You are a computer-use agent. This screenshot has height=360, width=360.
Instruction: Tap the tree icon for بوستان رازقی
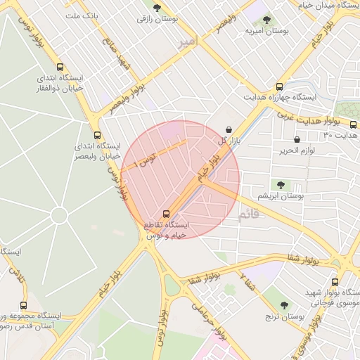pos(157,8)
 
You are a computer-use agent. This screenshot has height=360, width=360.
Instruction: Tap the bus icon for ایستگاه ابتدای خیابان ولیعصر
pos(97,135)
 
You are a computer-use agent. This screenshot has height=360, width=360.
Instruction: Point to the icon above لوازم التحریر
pos(297,139)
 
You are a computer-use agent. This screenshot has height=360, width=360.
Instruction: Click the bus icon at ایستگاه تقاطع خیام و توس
pos(167,213)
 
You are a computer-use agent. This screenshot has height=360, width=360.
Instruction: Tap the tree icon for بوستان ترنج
pos(284,305)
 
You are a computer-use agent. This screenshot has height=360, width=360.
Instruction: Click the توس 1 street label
pos(146,160)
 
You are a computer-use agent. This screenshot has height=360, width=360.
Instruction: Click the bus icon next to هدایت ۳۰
pos(353,124)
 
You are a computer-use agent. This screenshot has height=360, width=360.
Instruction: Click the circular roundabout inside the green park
pos(59,215)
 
